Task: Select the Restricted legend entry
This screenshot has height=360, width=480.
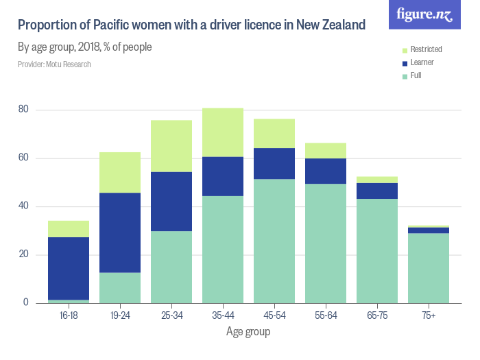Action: pos(426,49)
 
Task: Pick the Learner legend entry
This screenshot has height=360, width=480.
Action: pos(422,62)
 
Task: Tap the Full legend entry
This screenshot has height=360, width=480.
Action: pos(416,75)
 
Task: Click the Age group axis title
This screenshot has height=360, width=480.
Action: pos(248,332)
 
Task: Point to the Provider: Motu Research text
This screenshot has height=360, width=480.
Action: pos(54,64)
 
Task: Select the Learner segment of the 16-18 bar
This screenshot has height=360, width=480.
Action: pos(69,268)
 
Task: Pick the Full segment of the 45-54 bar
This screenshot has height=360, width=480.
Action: pos(274,241)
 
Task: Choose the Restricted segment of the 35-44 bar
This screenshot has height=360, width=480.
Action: pos(223,132)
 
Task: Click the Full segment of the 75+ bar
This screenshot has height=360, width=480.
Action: pos(429,268)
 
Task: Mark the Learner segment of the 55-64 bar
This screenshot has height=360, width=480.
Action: pos(326,171)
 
